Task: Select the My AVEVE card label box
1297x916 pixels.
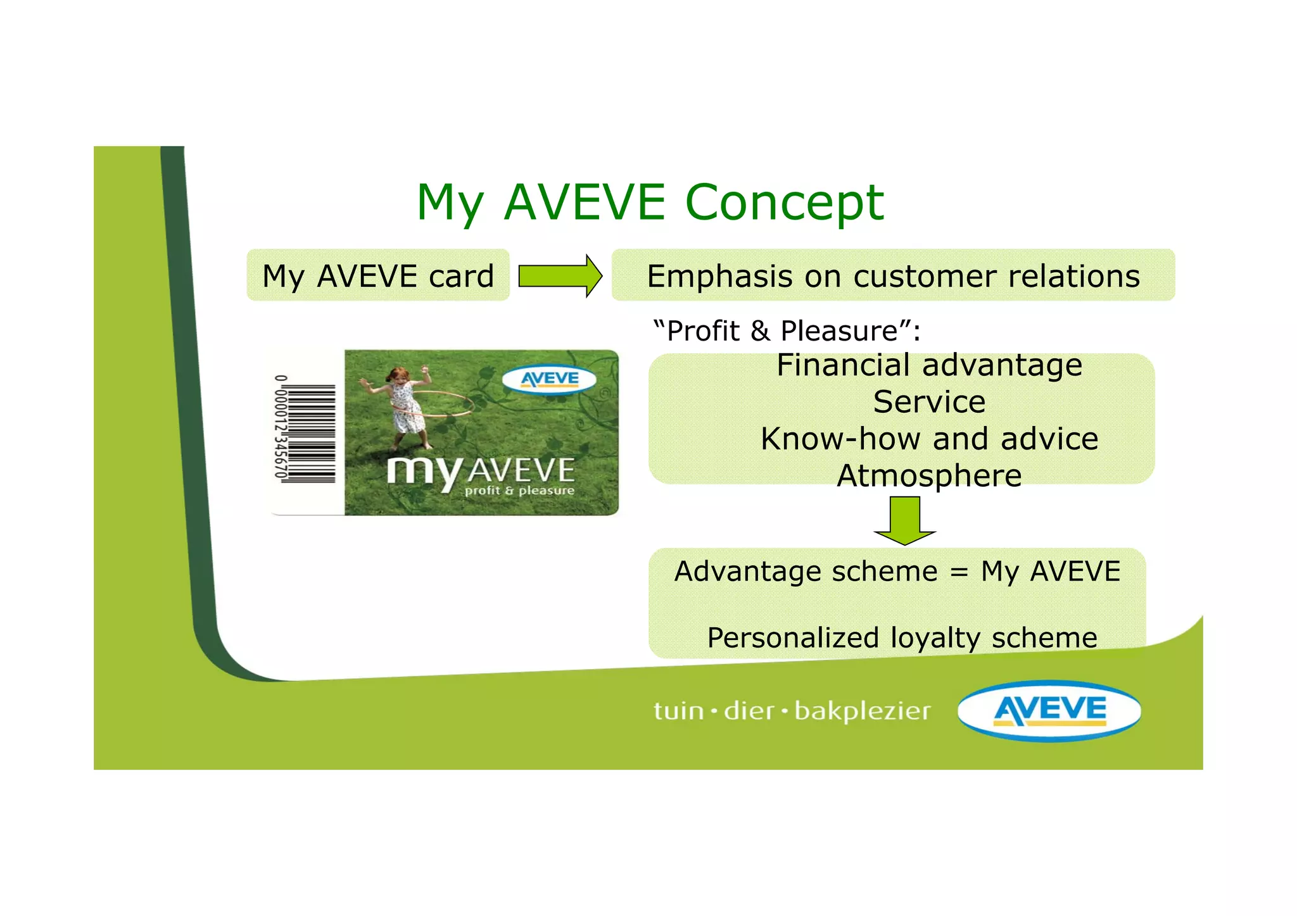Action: tap(378, 276)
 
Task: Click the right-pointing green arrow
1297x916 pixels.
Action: tap(560, 276)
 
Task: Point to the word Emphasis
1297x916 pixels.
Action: tap(720, 277)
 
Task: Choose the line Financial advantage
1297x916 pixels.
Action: tap(929, 365)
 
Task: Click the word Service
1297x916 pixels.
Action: tap(929, 402)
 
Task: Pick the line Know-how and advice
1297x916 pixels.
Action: tap(929, 439)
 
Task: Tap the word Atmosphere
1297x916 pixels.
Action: tap(929, 475)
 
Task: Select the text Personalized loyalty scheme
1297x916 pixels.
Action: tap(902, 637)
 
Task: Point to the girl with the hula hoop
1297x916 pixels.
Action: tap(405, 405)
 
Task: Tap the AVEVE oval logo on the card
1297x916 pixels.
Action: tap(549, 380)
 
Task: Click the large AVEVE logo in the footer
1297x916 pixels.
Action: tap(1049, 710)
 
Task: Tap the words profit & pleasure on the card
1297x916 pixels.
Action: tap(519, 491)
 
